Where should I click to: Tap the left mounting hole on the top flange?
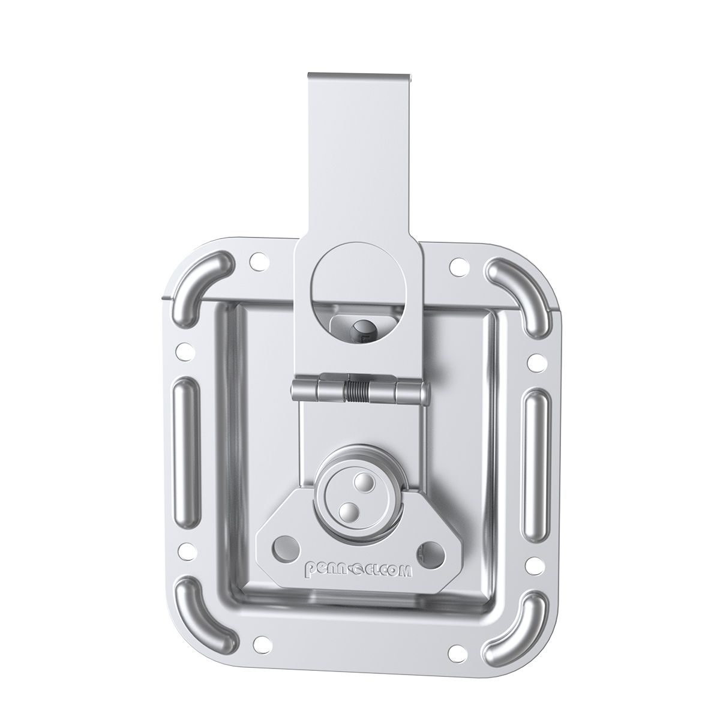(x=257, y=262)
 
